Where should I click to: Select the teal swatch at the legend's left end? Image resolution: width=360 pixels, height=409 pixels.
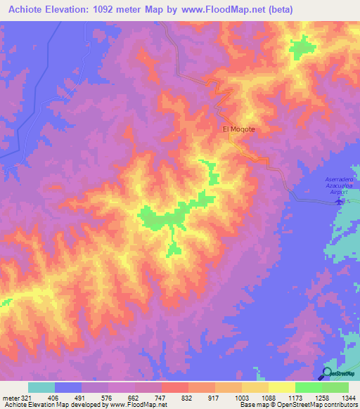(x=41, y=387)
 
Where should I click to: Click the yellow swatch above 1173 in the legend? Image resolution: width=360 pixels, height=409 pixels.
(x=282, y=387)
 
